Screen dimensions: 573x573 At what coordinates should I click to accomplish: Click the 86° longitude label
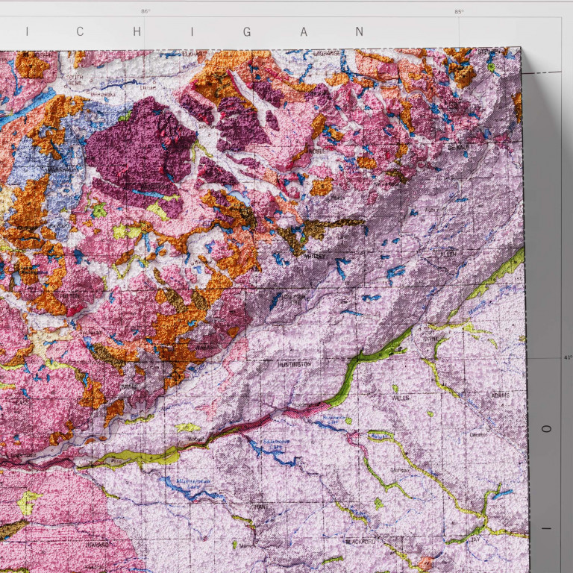point(145,11)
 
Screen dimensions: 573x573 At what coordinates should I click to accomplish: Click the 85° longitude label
point(458,11)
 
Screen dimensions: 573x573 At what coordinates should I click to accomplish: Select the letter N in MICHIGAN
point(360,32)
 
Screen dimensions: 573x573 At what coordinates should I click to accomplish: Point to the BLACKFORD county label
point(359,539)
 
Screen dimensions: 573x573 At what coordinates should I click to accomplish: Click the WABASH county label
point(207,348)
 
